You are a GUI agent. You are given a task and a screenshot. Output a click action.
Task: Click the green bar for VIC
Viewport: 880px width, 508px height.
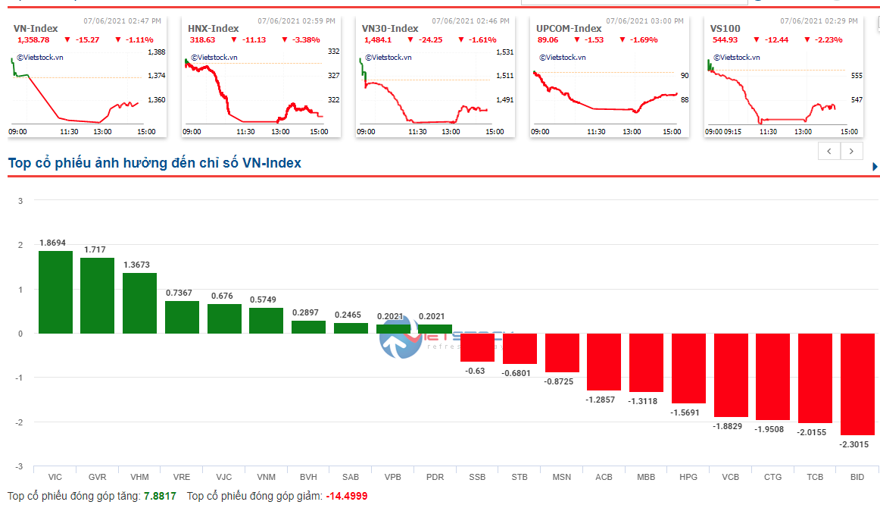(55, 292)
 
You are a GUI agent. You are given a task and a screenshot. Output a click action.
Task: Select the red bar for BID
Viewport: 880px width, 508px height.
(857, 384)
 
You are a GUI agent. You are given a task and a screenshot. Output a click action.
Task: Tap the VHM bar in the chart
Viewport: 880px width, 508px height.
(139, 303)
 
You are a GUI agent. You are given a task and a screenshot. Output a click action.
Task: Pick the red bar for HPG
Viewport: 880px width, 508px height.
(688, 368)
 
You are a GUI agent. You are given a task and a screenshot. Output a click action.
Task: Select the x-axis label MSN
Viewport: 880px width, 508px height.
(562, 477)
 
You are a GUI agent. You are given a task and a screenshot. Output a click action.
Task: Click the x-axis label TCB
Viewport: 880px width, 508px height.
(815, 477)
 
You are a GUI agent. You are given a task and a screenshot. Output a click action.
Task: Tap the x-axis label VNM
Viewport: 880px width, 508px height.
(266, 477)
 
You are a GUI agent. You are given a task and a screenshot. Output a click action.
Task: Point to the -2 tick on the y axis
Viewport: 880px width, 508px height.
(20, 422)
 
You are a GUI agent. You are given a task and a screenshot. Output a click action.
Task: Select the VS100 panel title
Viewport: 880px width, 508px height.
(725, 28)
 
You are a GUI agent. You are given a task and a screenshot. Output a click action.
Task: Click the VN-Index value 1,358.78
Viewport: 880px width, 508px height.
(33, 39)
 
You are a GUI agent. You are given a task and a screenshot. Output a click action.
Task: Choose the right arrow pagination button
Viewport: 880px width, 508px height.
(852, 151)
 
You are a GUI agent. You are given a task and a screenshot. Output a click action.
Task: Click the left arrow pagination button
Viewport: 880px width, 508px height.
(829, 151)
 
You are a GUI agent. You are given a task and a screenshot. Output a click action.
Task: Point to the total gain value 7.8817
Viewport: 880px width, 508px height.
(160, 496)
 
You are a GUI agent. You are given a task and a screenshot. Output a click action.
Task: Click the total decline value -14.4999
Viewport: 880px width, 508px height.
(347, 496)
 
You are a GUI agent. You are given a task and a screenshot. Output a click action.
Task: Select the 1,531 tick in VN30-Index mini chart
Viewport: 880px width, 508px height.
(504, 52)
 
